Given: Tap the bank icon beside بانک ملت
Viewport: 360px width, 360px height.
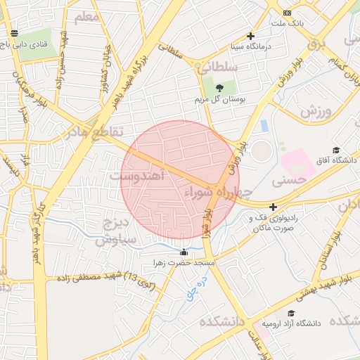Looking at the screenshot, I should click(287, 13).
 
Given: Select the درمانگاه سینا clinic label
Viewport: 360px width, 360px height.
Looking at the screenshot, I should click(250, 47).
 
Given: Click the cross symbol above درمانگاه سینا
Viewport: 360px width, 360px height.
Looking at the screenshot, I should click(250, 36).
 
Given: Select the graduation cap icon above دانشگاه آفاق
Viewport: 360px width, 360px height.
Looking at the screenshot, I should click(336, 150).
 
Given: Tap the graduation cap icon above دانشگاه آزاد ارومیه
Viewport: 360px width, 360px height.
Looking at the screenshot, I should click(291, 313).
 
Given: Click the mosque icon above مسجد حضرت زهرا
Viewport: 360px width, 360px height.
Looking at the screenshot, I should click(184, 252).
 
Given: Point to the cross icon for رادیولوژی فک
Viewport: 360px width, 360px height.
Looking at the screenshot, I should click(273, 207).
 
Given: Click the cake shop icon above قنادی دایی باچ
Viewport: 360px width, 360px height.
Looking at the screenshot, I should click(15, 33).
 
